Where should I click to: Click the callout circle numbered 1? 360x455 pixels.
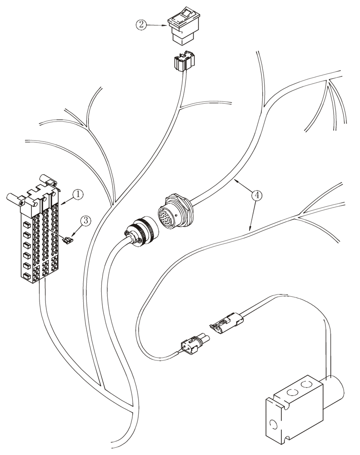click(78, 194)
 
